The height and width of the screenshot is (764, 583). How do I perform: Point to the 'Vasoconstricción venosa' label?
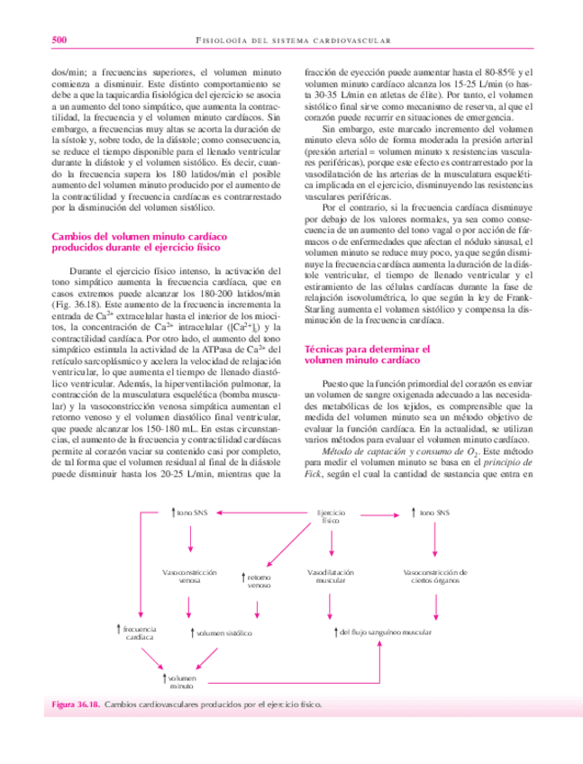[189, 577]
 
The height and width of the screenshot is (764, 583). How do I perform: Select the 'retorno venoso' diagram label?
[259, 581]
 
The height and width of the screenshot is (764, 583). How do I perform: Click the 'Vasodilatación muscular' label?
[330, 577]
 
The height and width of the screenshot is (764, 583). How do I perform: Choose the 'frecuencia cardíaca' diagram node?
[138, 632]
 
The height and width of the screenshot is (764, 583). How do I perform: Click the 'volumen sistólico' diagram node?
[218, 633]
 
